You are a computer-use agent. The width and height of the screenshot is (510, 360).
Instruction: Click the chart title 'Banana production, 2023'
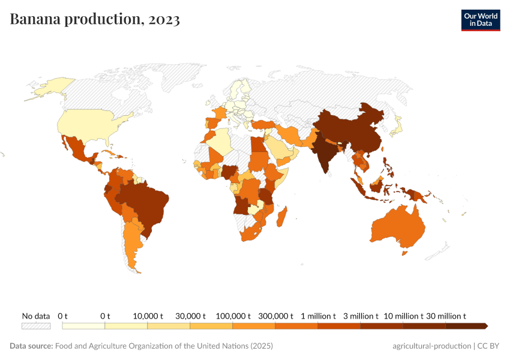click(95, 19)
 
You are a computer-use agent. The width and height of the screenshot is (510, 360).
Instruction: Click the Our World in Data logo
click(480, 20)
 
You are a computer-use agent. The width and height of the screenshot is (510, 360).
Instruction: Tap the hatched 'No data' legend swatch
click(36, 326)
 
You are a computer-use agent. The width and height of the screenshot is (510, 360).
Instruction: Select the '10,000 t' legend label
click(148, 316)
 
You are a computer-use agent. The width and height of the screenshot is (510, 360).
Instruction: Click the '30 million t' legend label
click(446, 316)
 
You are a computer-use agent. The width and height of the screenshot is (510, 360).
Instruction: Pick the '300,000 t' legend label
click(275, 316)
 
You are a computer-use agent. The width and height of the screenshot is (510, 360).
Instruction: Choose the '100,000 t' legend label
click(233, 316)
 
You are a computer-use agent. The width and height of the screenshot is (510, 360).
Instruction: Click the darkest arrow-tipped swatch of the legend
click(466, 326)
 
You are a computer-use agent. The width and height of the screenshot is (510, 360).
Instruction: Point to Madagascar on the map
click(283, 217)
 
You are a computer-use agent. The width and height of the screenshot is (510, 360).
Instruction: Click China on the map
click(354, 129)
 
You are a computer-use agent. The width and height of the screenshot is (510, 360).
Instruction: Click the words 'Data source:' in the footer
click(31, 346)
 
